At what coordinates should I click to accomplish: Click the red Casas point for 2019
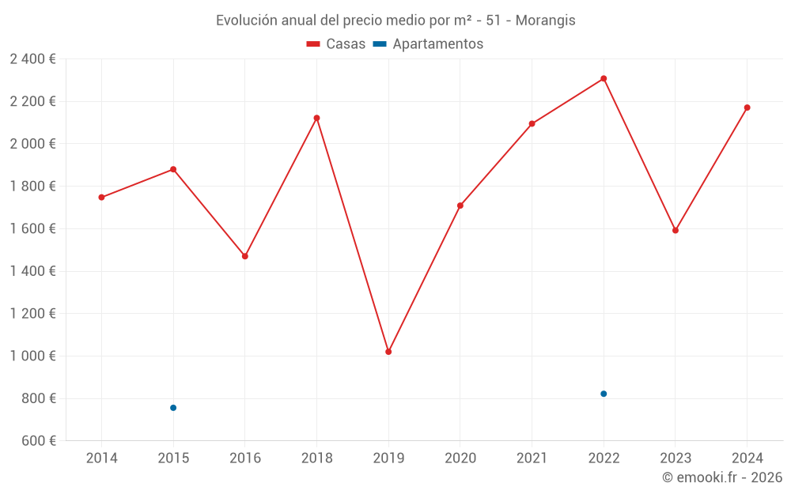pos(388,352)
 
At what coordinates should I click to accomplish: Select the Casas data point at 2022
pos(604,78)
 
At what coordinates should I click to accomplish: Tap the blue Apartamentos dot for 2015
pos(173,408)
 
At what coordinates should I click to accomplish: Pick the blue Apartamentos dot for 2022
pos(604,394)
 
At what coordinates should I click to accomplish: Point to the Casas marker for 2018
pos(316,118)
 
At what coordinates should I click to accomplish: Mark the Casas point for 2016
pos(245,256)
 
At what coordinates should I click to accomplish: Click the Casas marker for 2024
pos(747,107)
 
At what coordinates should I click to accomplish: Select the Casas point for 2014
pos(101,198)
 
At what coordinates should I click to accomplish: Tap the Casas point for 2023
pos(675,231)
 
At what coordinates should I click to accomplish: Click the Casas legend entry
pos(336,44)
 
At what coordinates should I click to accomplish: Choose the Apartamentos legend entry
pos(428,44)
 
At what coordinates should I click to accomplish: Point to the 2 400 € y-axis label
pos(32,58)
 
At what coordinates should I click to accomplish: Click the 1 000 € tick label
pos(32,356)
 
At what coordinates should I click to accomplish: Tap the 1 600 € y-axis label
pos(32,228)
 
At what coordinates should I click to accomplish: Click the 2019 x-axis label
pos(388,458)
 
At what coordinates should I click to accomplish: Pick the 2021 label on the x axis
pos(532,458)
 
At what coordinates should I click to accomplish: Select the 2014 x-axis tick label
pos(101,458)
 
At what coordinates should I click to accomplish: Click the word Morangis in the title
pos(546,21)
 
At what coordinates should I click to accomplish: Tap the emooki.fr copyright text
pos(722,477)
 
